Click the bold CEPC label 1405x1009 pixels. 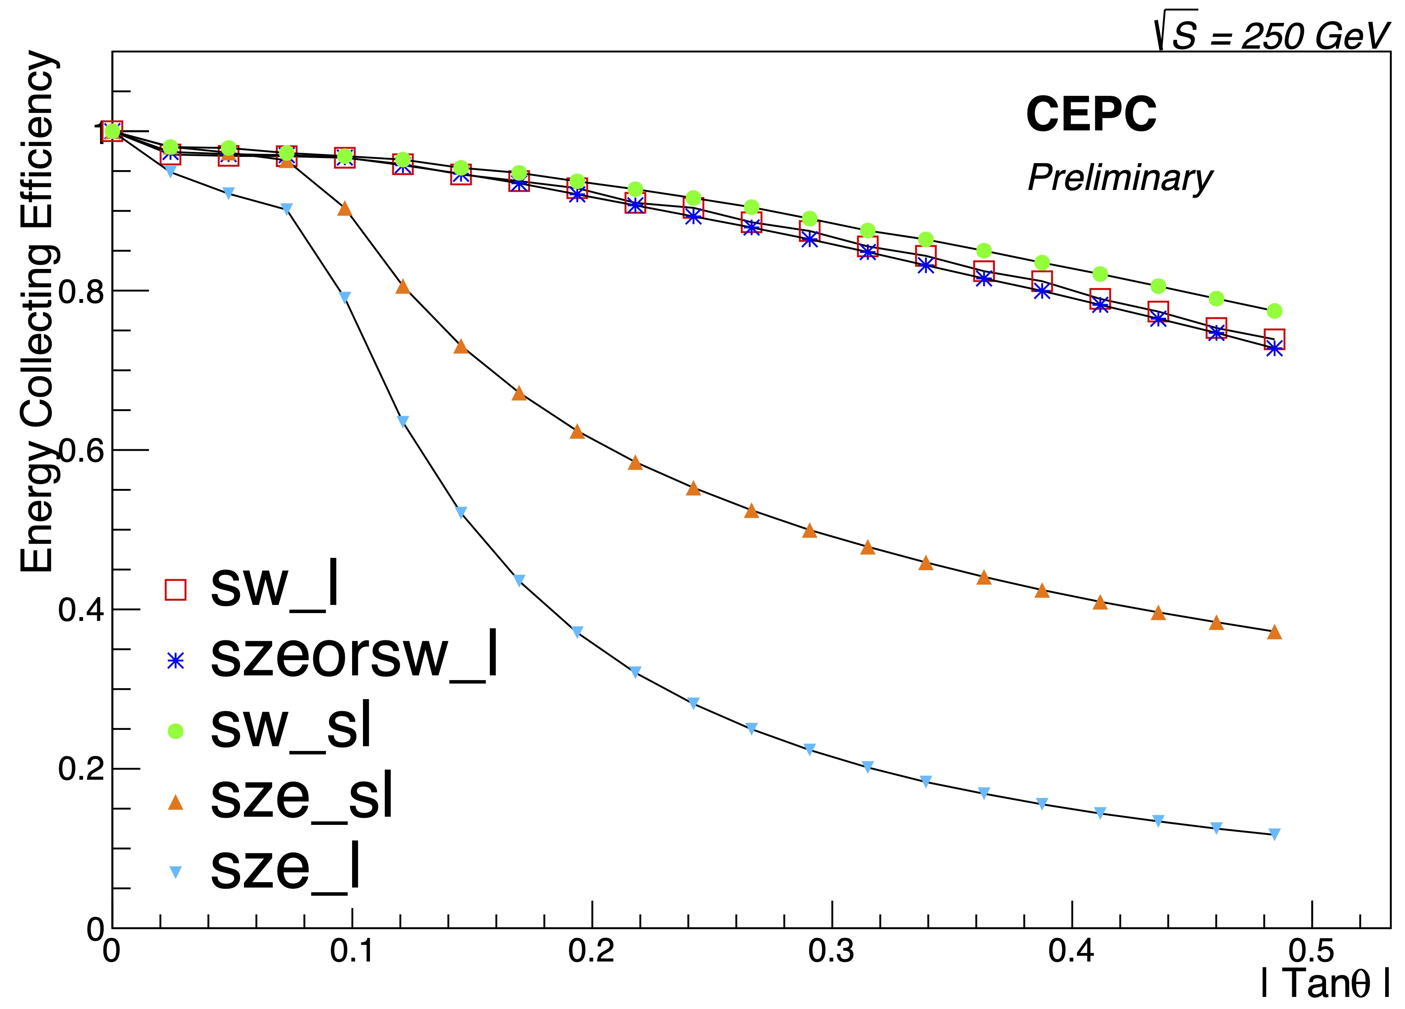tap(1091, 115)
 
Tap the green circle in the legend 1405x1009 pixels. tap(176, 731)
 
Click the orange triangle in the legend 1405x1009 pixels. tap(176, 802)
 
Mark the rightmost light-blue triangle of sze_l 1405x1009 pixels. tap(1274, 834)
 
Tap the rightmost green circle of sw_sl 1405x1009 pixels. tap(1274, 311)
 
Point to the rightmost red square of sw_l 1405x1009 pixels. tap(1274, 339)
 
